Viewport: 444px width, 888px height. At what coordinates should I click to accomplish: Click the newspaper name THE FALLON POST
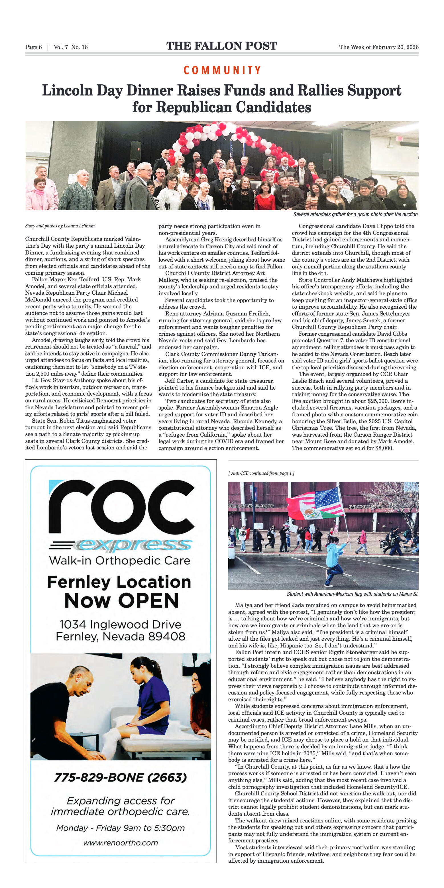(222, 46)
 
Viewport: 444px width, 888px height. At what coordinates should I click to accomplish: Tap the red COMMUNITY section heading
(222, 70)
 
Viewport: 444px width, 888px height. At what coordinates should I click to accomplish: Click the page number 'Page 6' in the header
(33, 47)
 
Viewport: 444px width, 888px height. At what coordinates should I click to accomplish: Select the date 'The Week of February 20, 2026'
(378, 47)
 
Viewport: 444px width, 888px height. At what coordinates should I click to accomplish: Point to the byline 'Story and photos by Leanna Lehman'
(60, 226)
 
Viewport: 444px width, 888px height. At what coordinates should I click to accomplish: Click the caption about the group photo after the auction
(356, 214)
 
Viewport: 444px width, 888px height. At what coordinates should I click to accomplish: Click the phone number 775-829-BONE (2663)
(120, 777)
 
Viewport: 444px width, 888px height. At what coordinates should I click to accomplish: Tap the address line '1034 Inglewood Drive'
(120, 624)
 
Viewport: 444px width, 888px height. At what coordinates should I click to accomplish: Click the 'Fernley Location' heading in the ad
(119, 582)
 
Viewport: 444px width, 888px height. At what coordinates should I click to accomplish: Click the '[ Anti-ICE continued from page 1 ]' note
(261, 473)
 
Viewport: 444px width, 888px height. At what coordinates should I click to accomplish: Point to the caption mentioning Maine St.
(352, 594)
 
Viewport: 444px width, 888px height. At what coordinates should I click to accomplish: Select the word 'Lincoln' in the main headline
(68, 91)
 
